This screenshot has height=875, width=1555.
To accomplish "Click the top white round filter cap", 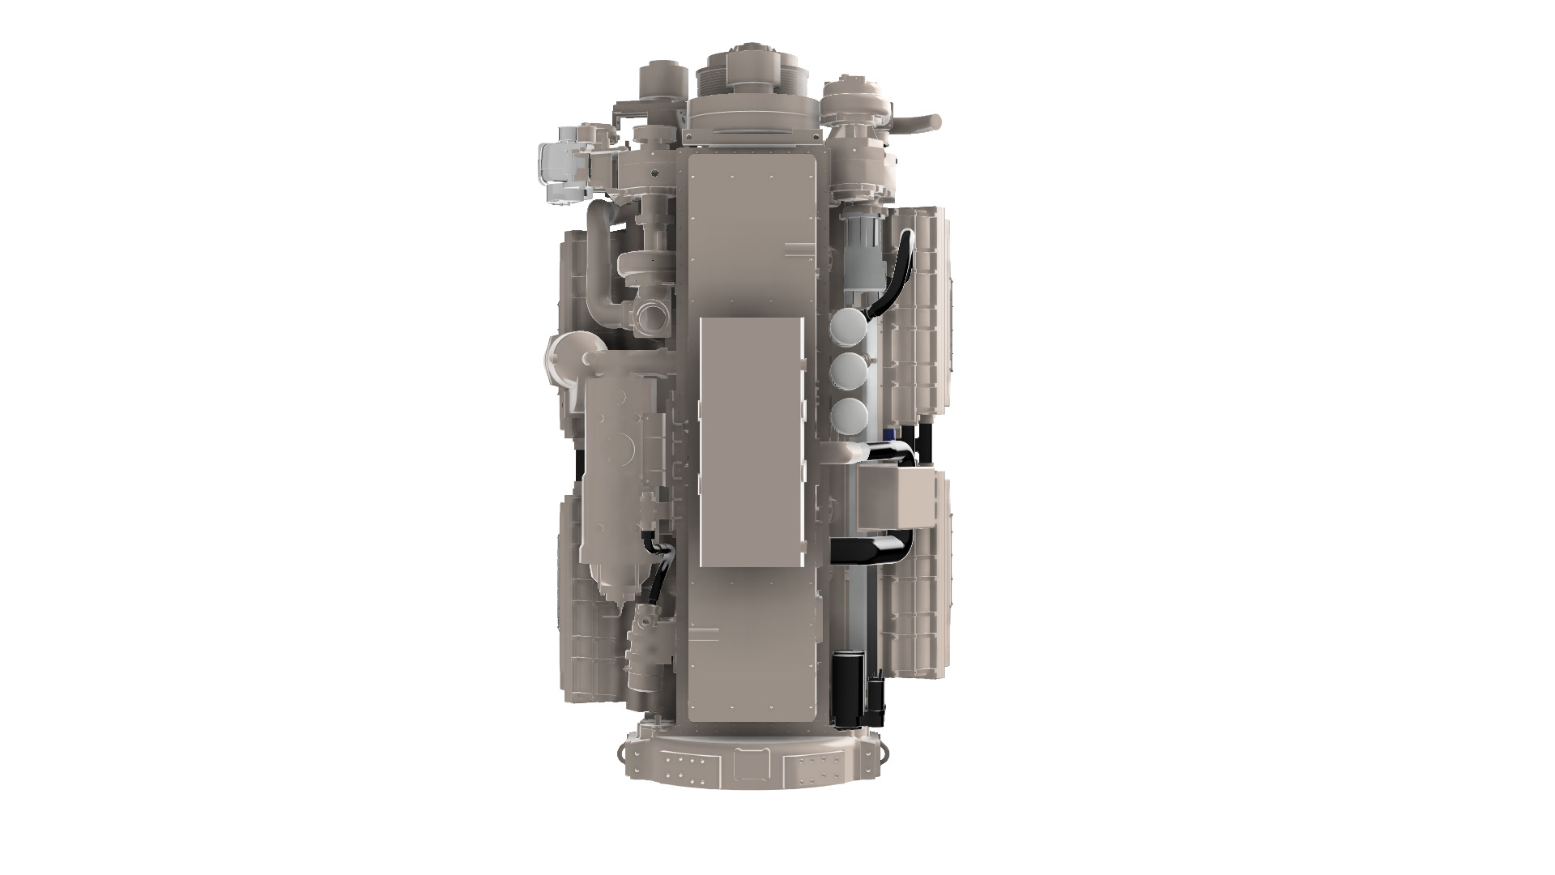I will click(846, 328).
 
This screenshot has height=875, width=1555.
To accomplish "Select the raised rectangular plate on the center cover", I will click(750, 441).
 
